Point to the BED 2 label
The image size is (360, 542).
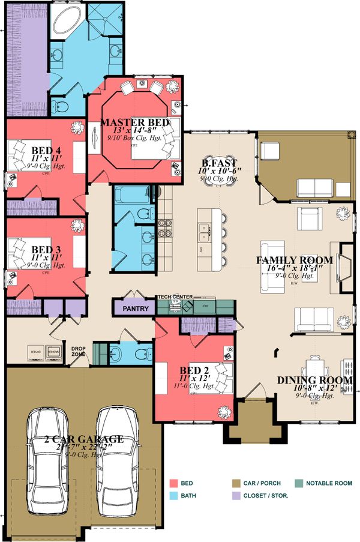click(194, 370)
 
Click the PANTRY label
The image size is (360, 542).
click(135, 309)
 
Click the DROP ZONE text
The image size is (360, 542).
click(79, 352)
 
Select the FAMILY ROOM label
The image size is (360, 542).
click(294, 260)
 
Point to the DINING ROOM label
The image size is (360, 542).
click(314, 380)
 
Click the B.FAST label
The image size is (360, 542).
click(219, 162)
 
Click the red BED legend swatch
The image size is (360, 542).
click(175, 483)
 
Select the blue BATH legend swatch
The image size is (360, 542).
click(175, 496)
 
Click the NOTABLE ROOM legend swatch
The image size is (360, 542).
click(298, 483)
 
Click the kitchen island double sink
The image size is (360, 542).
click(203, 227)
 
